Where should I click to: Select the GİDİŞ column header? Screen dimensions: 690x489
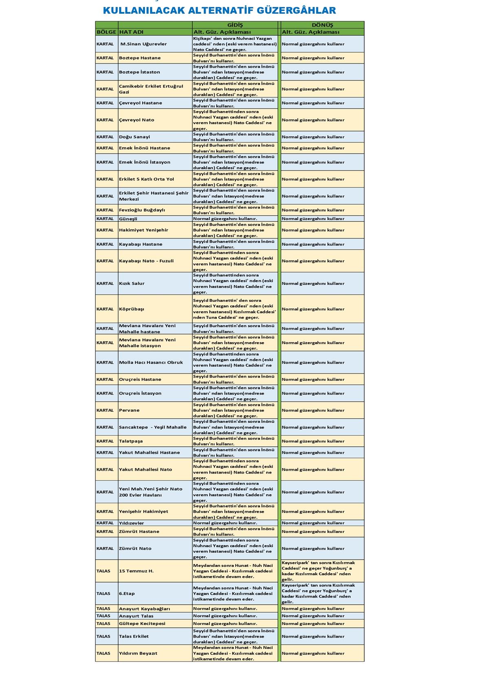click(235, 25)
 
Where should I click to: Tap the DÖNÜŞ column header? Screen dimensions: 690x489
click(322, 25)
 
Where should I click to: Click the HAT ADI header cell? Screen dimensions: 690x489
click(131, 32)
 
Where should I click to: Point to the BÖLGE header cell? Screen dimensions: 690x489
click(106, 32)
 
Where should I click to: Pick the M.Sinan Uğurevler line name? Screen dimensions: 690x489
click(143, 44)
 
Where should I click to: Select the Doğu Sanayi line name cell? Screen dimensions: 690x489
click(134, 137)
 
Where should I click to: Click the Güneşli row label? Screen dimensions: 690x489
click(128, 219)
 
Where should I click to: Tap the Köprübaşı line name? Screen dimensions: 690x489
click(132, 309)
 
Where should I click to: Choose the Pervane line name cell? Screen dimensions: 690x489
click(129, 410)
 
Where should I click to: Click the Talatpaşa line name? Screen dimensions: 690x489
click(131, 441)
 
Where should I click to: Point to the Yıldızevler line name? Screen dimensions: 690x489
click(131, 523)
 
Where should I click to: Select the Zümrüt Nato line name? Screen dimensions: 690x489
click(135, 548)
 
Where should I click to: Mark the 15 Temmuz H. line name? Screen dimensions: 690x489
click(136, 571)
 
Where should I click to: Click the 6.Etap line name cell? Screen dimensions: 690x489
click(127, 594)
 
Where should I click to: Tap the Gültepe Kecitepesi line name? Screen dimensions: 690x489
click(142, 624)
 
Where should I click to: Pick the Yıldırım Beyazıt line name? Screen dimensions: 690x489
click(138, 653)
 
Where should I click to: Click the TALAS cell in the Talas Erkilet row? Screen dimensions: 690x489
click(104, 636)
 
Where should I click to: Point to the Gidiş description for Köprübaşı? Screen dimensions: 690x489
click(234, 309)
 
